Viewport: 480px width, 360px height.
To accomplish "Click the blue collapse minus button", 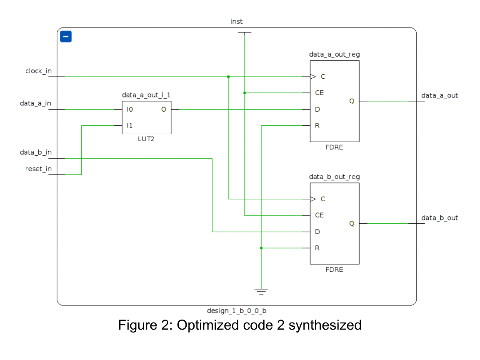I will point(66,37).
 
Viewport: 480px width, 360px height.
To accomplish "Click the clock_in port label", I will point(38,71).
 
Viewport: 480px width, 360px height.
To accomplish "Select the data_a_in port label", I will point(36,103).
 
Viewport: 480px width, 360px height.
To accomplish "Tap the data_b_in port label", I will point(36,152).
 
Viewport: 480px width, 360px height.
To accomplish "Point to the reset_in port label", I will point(38,169).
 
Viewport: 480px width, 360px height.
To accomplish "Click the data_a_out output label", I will point(439,95).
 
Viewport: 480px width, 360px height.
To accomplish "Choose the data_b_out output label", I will point(439,218).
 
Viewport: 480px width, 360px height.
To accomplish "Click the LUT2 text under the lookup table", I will point(146,139).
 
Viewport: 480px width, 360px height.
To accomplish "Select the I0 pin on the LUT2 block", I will point(130,110).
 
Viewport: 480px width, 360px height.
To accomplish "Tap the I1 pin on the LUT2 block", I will point(130,125).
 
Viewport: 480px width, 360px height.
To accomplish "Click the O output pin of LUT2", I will point(164,110).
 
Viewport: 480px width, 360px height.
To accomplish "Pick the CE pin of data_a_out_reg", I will point(319,93).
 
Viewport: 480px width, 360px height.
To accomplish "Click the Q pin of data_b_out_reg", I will point(352,224).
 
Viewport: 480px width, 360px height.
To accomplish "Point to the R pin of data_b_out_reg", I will point(317,248).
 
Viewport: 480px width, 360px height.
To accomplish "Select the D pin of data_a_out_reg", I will point(317,110).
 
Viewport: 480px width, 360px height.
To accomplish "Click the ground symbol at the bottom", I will point(261,291).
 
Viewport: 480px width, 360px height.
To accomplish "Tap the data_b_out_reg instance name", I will point(334,177).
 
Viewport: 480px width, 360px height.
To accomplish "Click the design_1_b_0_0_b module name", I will point(236,311).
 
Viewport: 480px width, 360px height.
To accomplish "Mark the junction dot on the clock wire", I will point(228,77).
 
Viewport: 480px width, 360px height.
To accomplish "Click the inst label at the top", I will point(236,21).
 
